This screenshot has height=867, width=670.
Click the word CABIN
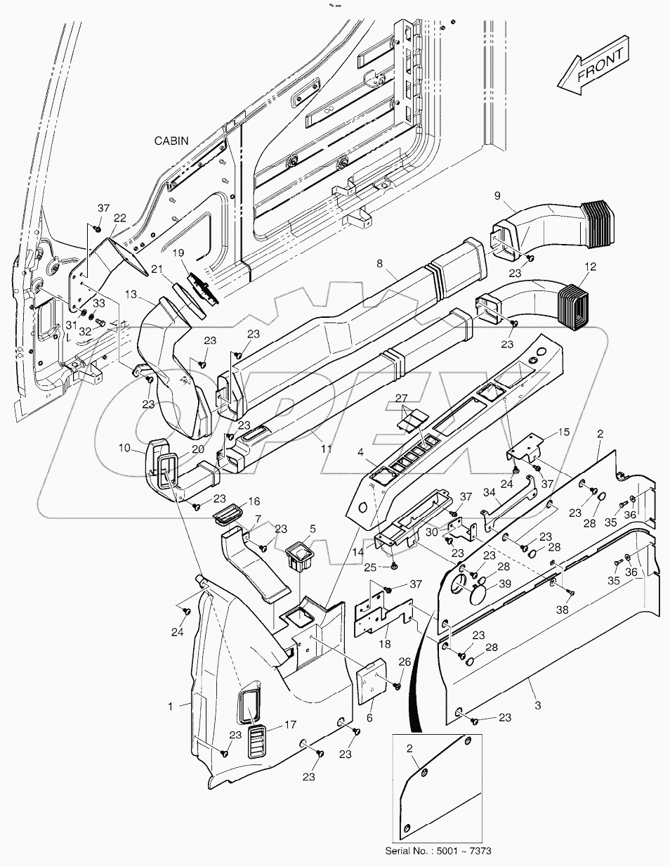171,141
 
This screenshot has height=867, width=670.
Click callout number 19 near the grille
179,252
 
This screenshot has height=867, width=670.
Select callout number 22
120,218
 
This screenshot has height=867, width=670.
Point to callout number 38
562,611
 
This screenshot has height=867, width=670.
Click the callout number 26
404,661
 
